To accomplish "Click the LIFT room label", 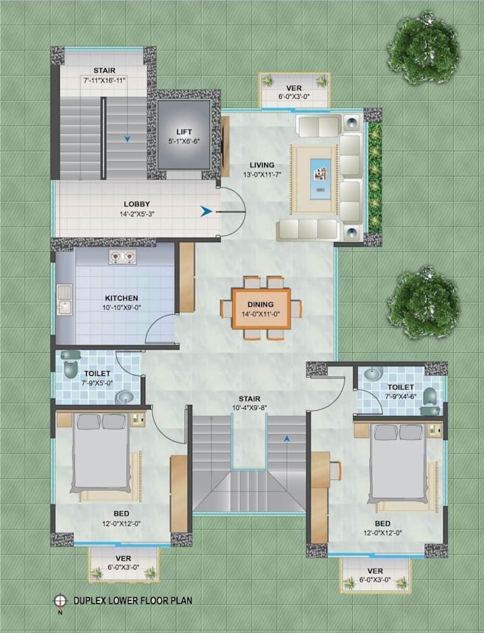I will pos(184,132).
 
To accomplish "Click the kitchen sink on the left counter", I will pos(65,299).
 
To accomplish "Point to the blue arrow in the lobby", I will pos(205,211).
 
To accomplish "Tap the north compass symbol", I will pos(60,600).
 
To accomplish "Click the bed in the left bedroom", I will pos(102,455).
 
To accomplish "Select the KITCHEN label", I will pos(122,298).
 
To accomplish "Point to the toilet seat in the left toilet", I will pos(70,368).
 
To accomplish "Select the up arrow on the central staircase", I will pos(286,440).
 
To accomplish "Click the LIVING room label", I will pos(252,165).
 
